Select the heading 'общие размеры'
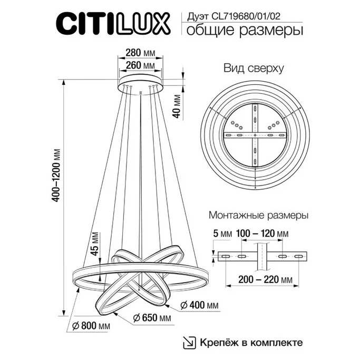click(x=242, y=30)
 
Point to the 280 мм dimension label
click(x=141, y=53)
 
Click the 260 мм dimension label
click(x=141, y=65)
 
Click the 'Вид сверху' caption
click(x=254, y=69)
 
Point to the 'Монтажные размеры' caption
click(x=258, y=216)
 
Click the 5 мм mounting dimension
click(x=220, y=233)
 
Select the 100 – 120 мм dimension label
click(x=262, y=233)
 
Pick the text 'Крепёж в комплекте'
click(x=251, y=342)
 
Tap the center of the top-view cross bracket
click(x=256, y=136)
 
